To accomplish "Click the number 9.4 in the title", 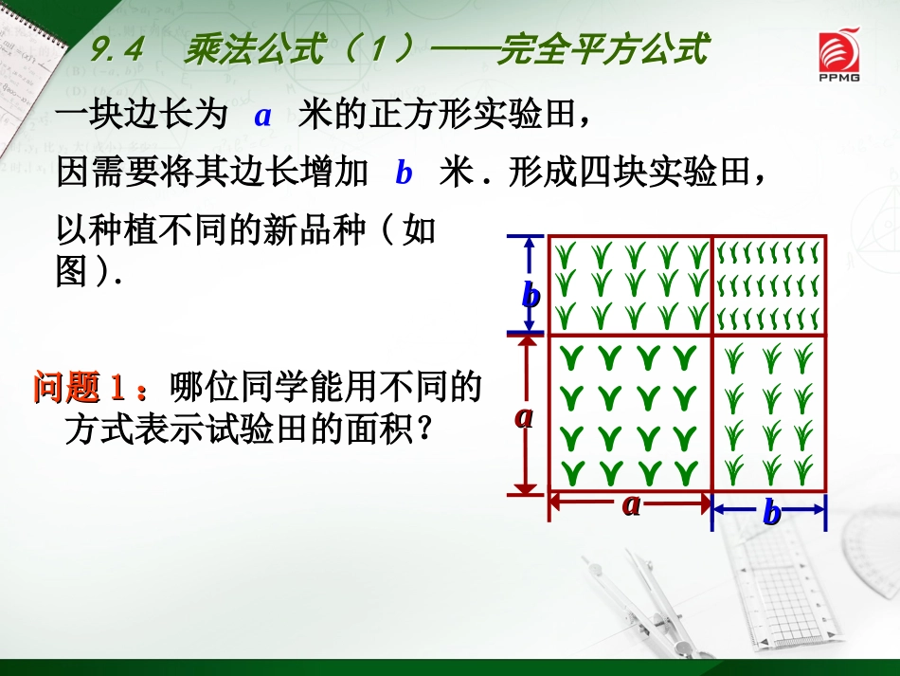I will pos(117,49).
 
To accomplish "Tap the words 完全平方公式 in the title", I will pos(603,49).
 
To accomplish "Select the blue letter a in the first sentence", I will pos(263,117).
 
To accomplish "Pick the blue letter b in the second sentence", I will pos(405,174).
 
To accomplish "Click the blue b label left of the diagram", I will pos(531,296).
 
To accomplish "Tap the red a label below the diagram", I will pos(631,504).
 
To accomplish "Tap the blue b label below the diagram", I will pos(772,513).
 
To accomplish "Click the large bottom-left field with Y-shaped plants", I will pos(630,413).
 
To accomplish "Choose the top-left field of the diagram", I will pos(630,284).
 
